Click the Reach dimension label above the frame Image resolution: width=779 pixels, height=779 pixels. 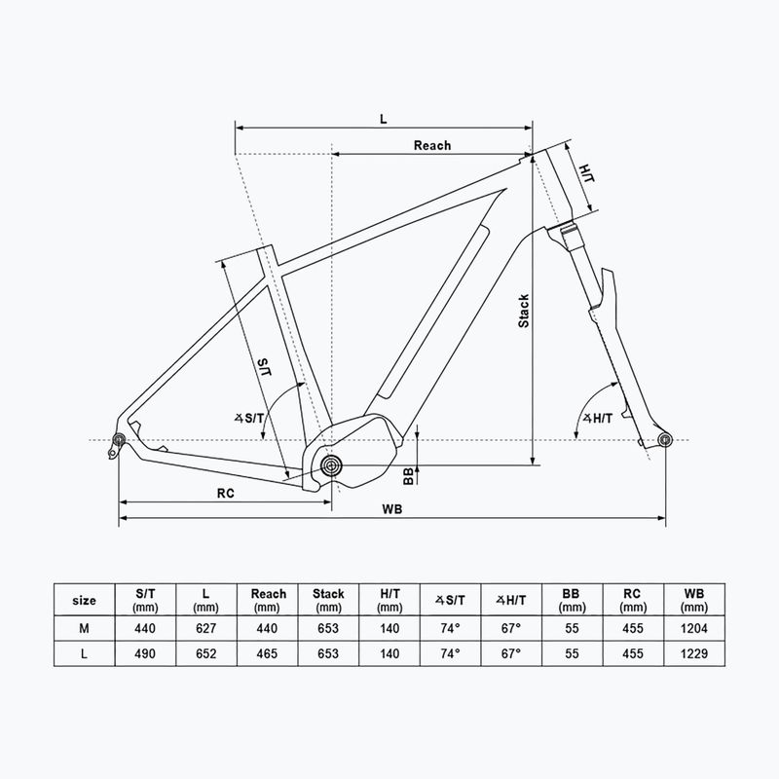[432, 145]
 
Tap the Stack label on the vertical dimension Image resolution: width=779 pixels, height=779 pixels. [524, 311]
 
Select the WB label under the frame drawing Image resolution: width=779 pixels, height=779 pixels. [392, 509]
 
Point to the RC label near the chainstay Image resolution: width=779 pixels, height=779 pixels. [225, 494]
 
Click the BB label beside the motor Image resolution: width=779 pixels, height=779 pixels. [408, 476]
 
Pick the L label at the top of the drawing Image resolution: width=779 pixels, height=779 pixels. [383, 119]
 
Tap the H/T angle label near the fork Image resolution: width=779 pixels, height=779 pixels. [598, 419]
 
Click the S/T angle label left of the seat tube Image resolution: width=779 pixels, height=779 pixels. [249, 419]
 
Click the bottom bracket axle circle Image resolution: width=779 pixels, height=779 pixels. [331, 466]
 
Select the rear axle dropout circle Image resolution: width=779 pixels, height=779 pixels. [119, 440]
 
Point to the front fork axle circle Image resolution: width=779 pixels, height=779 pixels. [665, 439]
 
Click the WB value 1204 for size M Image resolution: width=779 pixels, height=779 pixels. [693, 628]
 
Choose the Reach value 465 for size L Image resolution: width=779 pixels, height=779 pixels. [267, 653]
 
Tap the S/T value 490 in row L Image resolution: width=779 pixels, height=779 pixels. [145, 653]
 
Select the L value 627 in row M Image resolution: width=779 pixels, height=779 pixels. [205, 628]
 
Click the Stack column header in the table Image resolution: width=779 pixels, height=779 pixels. [328, 600]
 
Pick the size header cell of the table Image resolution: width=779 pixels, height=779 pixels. [84, 600]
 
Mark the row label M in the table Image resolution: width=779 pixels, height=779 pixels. [84, 628]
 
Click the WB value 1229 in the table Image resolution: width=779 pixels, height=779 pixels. [693, 653]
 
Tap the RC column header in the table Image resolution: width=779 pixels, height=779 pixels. [633, 600]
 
